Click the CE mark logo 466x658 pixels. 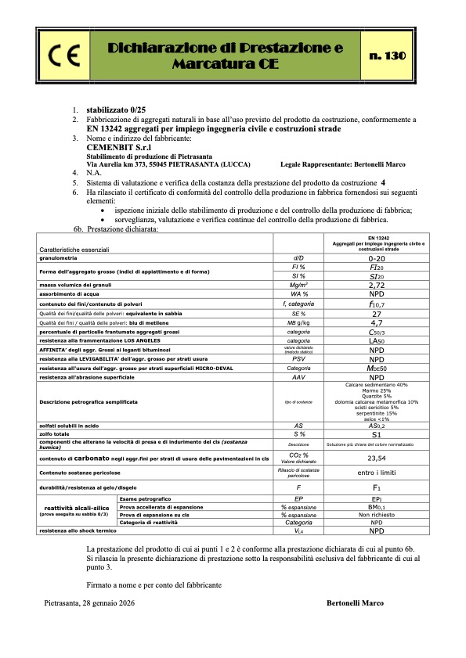click(60, 56)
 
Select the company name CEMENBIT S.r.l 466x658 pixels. click(119, 146)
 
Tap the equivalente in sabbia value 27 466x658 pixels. click(377, 313)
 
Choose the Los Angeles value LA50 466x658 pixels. click(377, 341)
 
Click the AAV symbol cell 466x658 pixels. click(298, 377)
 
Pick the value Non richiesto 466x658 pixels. click(377, 515)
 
